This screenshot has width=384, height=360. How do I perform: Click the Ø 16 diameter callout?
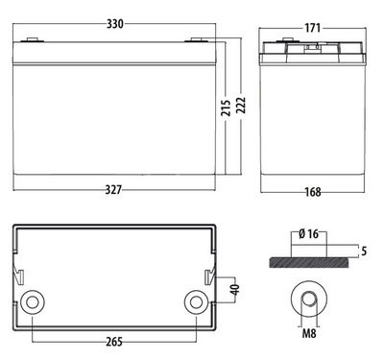tap(308, 233)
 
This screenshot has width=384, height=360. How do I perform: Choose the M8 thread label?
tap(309, 337)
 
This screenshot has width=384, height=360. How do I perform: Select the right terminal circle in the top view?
tap(196, 302)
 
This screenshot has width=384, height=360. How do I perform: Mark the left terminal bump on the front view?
tap(33, 40)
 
